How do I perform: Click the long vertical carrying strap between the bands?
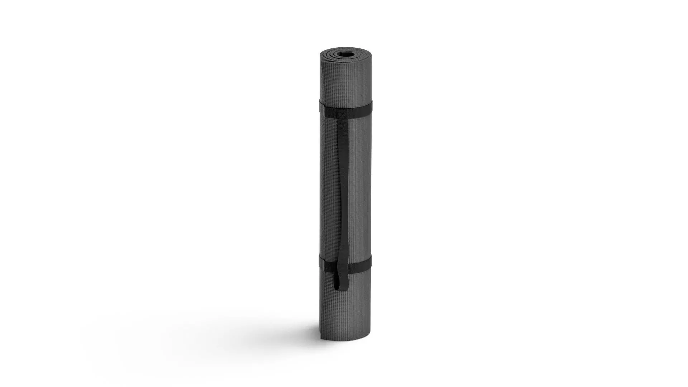coord(342,186)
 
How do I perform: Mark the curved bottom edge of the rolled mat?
coord(346,339)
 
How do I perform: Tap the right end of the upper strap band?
coord(370,108)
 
